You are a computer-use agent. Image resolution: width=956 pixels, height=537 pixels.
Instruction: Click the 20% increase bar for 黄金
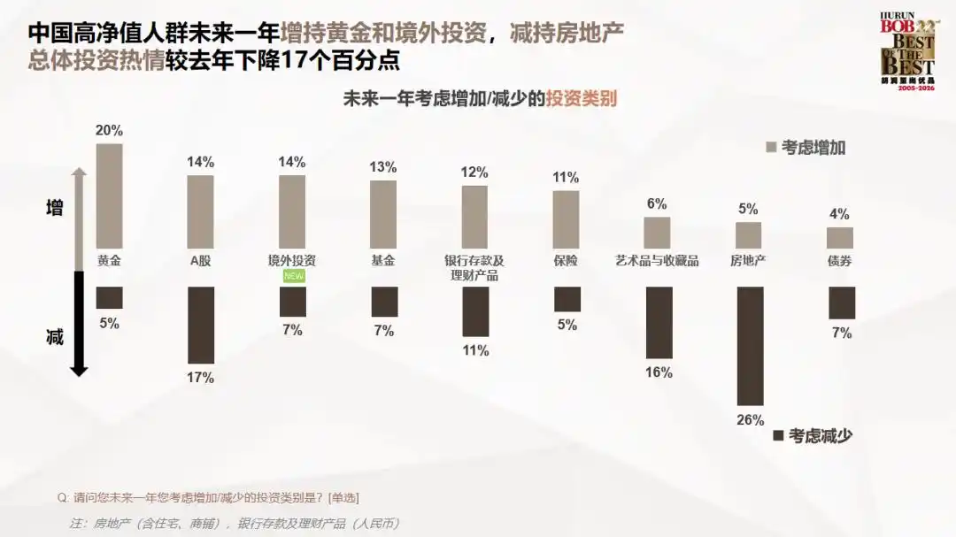(109, 196)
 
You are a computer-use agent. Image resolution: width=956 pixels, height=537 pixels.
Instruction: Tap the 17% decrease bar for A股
(201, 325)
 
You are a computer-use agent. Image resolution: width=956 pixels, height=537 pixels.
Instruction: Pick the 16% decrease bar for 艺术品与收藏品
(659, 322)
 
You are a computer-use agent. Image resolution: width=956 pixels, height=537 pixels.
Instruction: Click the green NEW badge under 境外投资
(292, 276)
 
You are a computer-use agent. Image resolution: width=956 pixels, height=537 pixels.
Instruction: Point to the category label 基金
(383, 261)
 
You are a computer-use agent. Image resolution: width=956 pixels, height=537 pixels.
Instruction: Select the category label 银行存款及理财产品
(474, 268)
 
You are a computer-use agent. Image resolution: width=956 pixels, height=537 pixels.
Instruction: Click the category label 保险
(566, 261)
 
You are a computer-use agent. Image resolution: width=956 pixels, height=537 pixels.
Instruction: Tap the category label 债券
(840, 261)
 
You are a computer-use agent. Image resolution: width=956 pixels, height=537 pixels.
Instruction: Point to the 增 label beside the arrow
(55, 209)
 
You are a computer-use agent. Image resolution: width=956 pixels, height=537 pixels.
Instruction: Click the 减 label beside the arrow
(55, 337)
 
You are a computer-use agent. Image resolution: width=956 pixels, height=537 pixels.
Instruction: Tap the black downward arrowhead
(79, 370)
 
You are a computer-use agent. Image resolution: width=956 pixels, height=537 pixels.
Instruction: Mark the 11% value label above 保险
(566, 178)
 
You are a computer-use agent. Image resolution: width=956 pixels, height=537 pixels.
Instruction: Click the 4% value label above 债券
(840, 214)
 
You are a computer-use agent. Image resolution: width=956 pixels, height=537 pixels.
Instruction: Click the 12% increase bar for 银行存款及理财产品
(474, 217)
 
